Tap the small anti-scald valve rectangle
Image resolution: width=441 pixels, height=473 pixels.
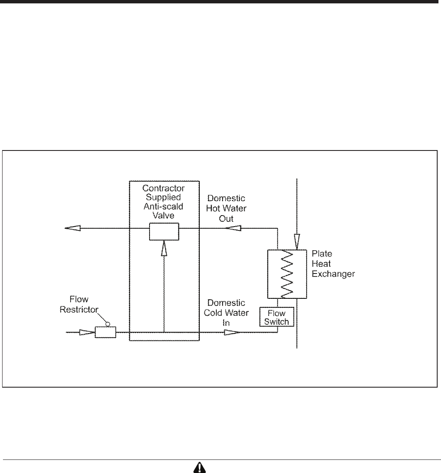(164, 232)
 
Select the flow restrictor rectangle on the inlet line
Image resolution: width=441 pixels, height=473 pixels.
(105, 332)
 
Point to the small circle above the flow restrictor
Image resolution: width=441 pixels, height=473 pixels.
(108, 324)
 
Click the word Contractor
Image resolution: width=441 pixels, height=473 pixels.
(164, 187)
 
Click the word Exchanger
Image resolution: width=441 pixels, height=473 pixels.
(333, 273)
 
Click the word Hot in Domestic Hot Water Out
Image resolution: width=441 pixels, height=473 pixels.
(214, 208)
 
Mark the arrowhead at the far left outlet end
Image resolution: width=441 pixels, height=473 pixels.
(72, 228)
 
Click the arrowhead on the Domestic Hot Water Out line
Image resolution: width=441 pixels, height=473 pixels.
(233, 228)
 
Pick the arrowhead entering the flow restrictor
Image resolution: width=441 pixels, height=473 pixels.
(87, 333)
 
